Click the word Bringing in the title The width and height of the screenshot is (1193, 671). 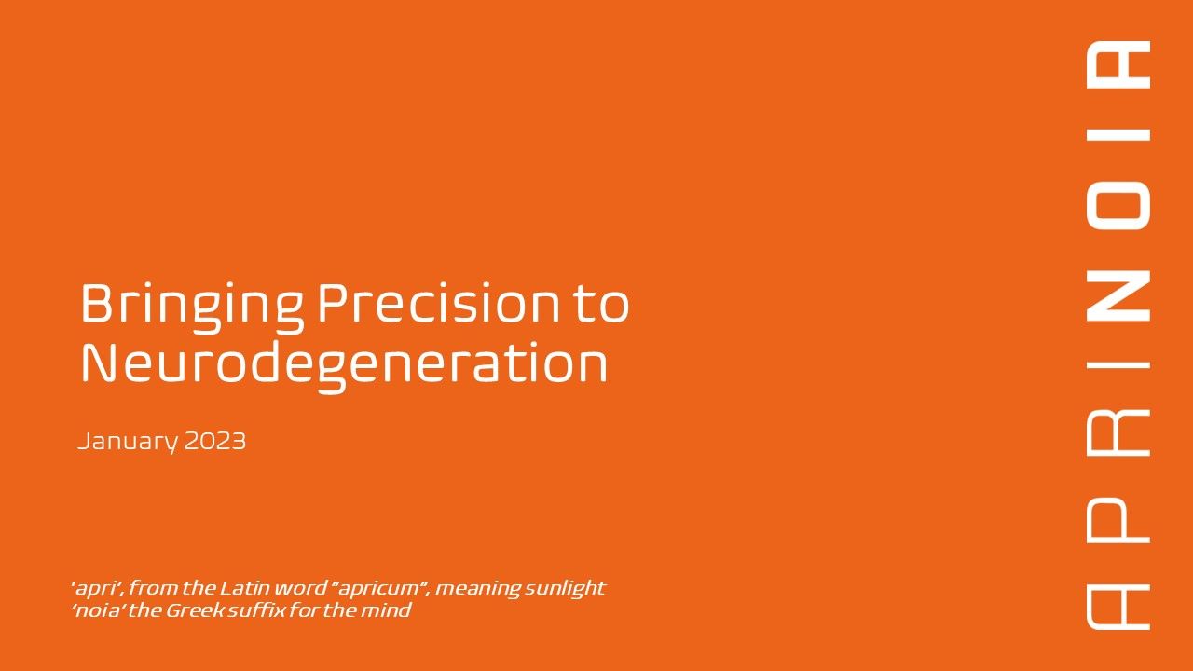pyautogui.click(x=192, y=308)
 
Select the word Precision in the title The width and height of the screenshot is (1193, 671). pyautogui.click(x=439, y=303)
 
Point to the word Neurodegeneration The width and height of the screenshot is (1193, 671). pyautogui.click(x=344, y=367)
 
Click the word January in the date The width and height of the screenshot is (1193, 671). pyautogui.click(x=128, y=442)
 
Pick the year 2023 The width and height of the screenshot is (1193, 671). pyautogui.click(x=215, y=441)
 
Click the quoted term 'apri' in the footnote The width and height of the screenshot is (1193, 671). pyautogui.click(x=98, y=589)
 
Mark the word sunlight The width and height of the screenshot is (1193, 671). pyautogui.click(x=566, y=589)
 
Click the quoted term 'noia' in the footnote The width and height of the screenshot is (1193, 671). pyautogui.click(x=98, y=610)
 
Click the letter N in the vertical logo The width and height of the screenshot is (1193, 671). pyautogui.click(x=1118, y=295)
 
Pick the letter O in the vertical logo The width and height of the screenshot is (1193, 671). pyautogui.click(x=1118, y=206)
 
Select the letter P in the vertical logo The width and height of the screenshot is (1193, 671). pyautogui.click(x=1118, y=520)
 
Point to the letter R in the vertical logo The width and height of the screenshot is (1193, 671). pyautogui.click(x=1118, y=433)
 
